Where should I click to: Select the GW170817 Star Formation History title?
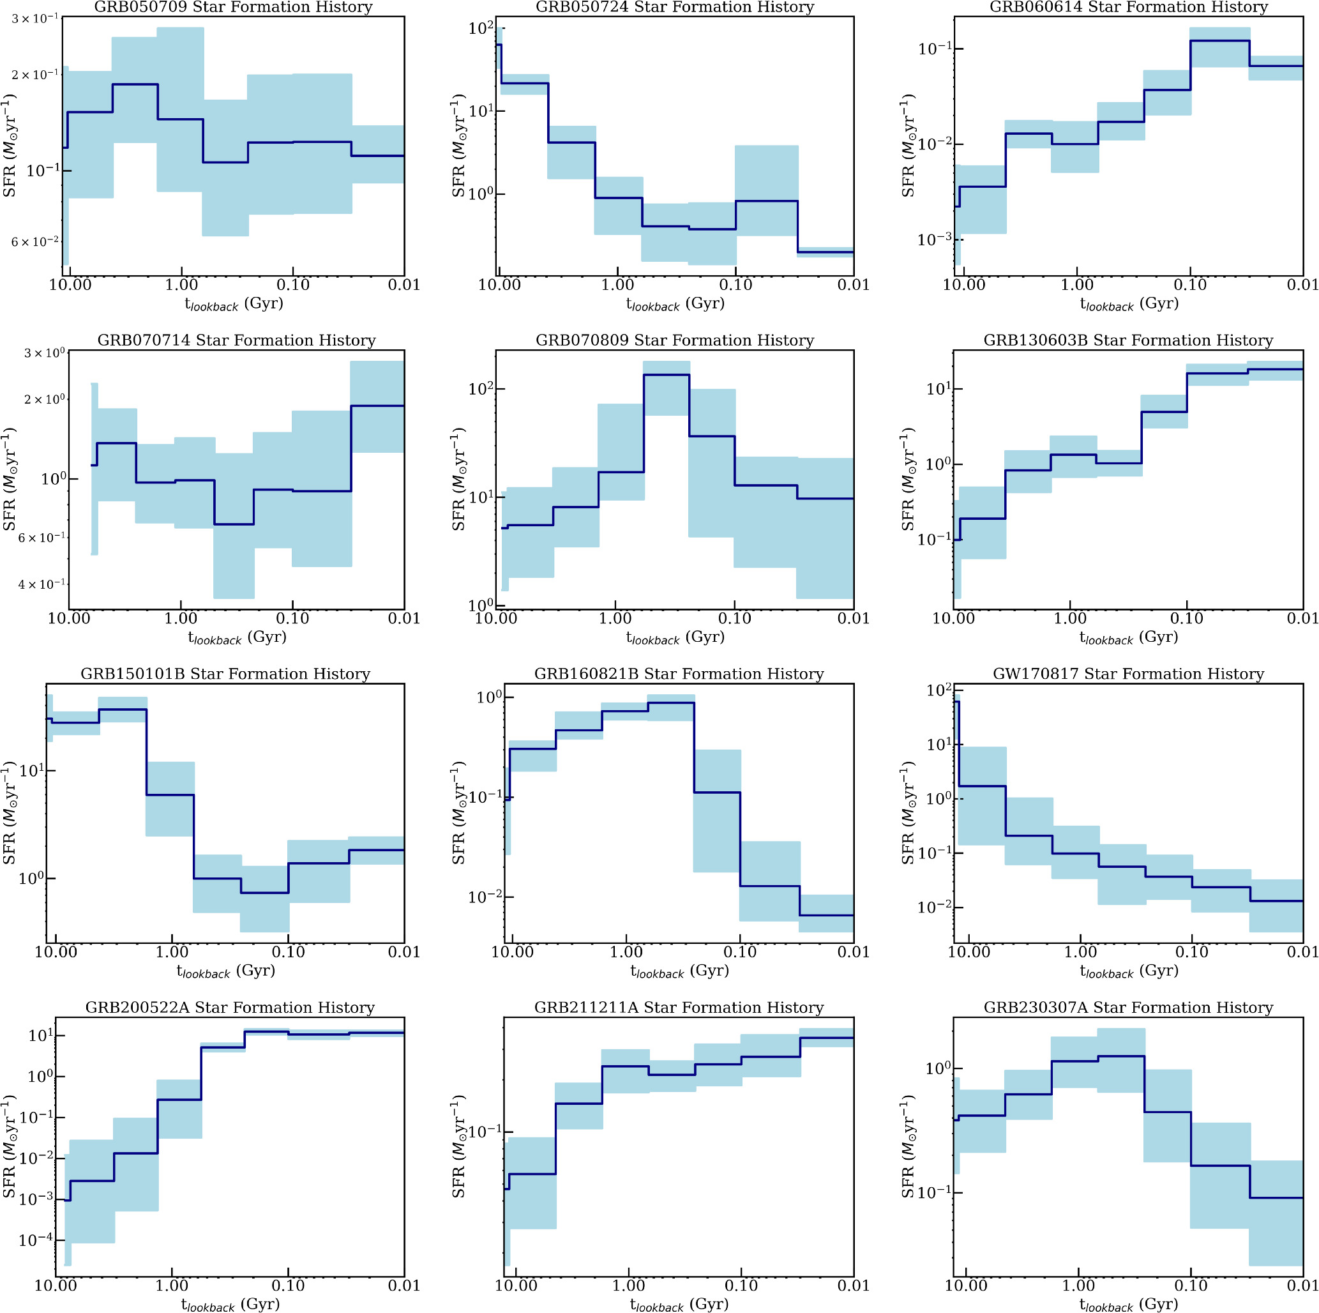pyautogui.click(x=1128, y=674)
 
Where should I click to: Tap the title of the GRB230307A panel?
pyautogui.click(x=1128, y=1007)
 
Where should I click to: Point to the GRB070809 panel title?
pyautogui.click(x=675, y=340)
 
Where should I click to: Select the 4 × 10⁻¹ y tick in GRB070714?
pyautogui.click(x=41, y=584)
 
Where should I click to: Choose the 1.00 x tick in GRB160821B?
pyautogui.click(x=626, y=952)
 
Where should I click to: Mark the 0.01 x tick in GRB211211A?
pyautogui.click(x=854, y=1286)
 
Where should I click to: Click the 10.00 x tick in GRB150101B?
pyautogui.click(x=56, y=952)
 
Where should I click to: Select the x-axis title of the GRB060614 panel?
pyautogui.click(x=1129, y=304)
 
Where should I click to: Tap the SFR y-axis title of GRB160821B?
pyautogui.click(x=458, y=813)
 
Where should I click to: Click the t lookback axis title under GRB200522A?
pyautogui.click(x=230, y=1305)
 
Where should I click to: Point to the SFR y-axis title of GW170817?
pyautogui.click(x=907, y=813)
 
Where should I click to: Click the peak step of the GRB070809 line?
pyautogui.click(x=666, y=375)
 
